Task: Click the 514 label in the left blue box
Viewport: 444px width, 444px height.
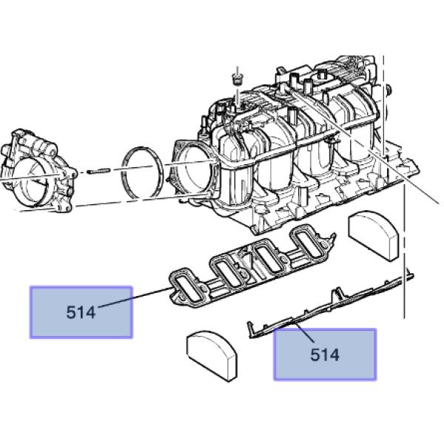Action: pos(81,312)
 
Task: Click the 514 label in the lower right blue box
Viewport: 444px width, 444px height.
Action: pos(325,354)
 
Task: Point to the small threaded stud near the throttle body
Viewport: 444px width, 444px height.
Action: pos(98,171)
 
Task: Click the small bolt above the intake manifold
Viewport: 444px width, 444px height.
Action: pos(238,78)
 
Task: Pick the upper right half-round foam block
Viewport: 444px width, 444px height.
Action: pos(373,235)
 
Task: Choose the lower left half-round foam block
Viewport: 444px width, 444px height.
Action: pos(212,356)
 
